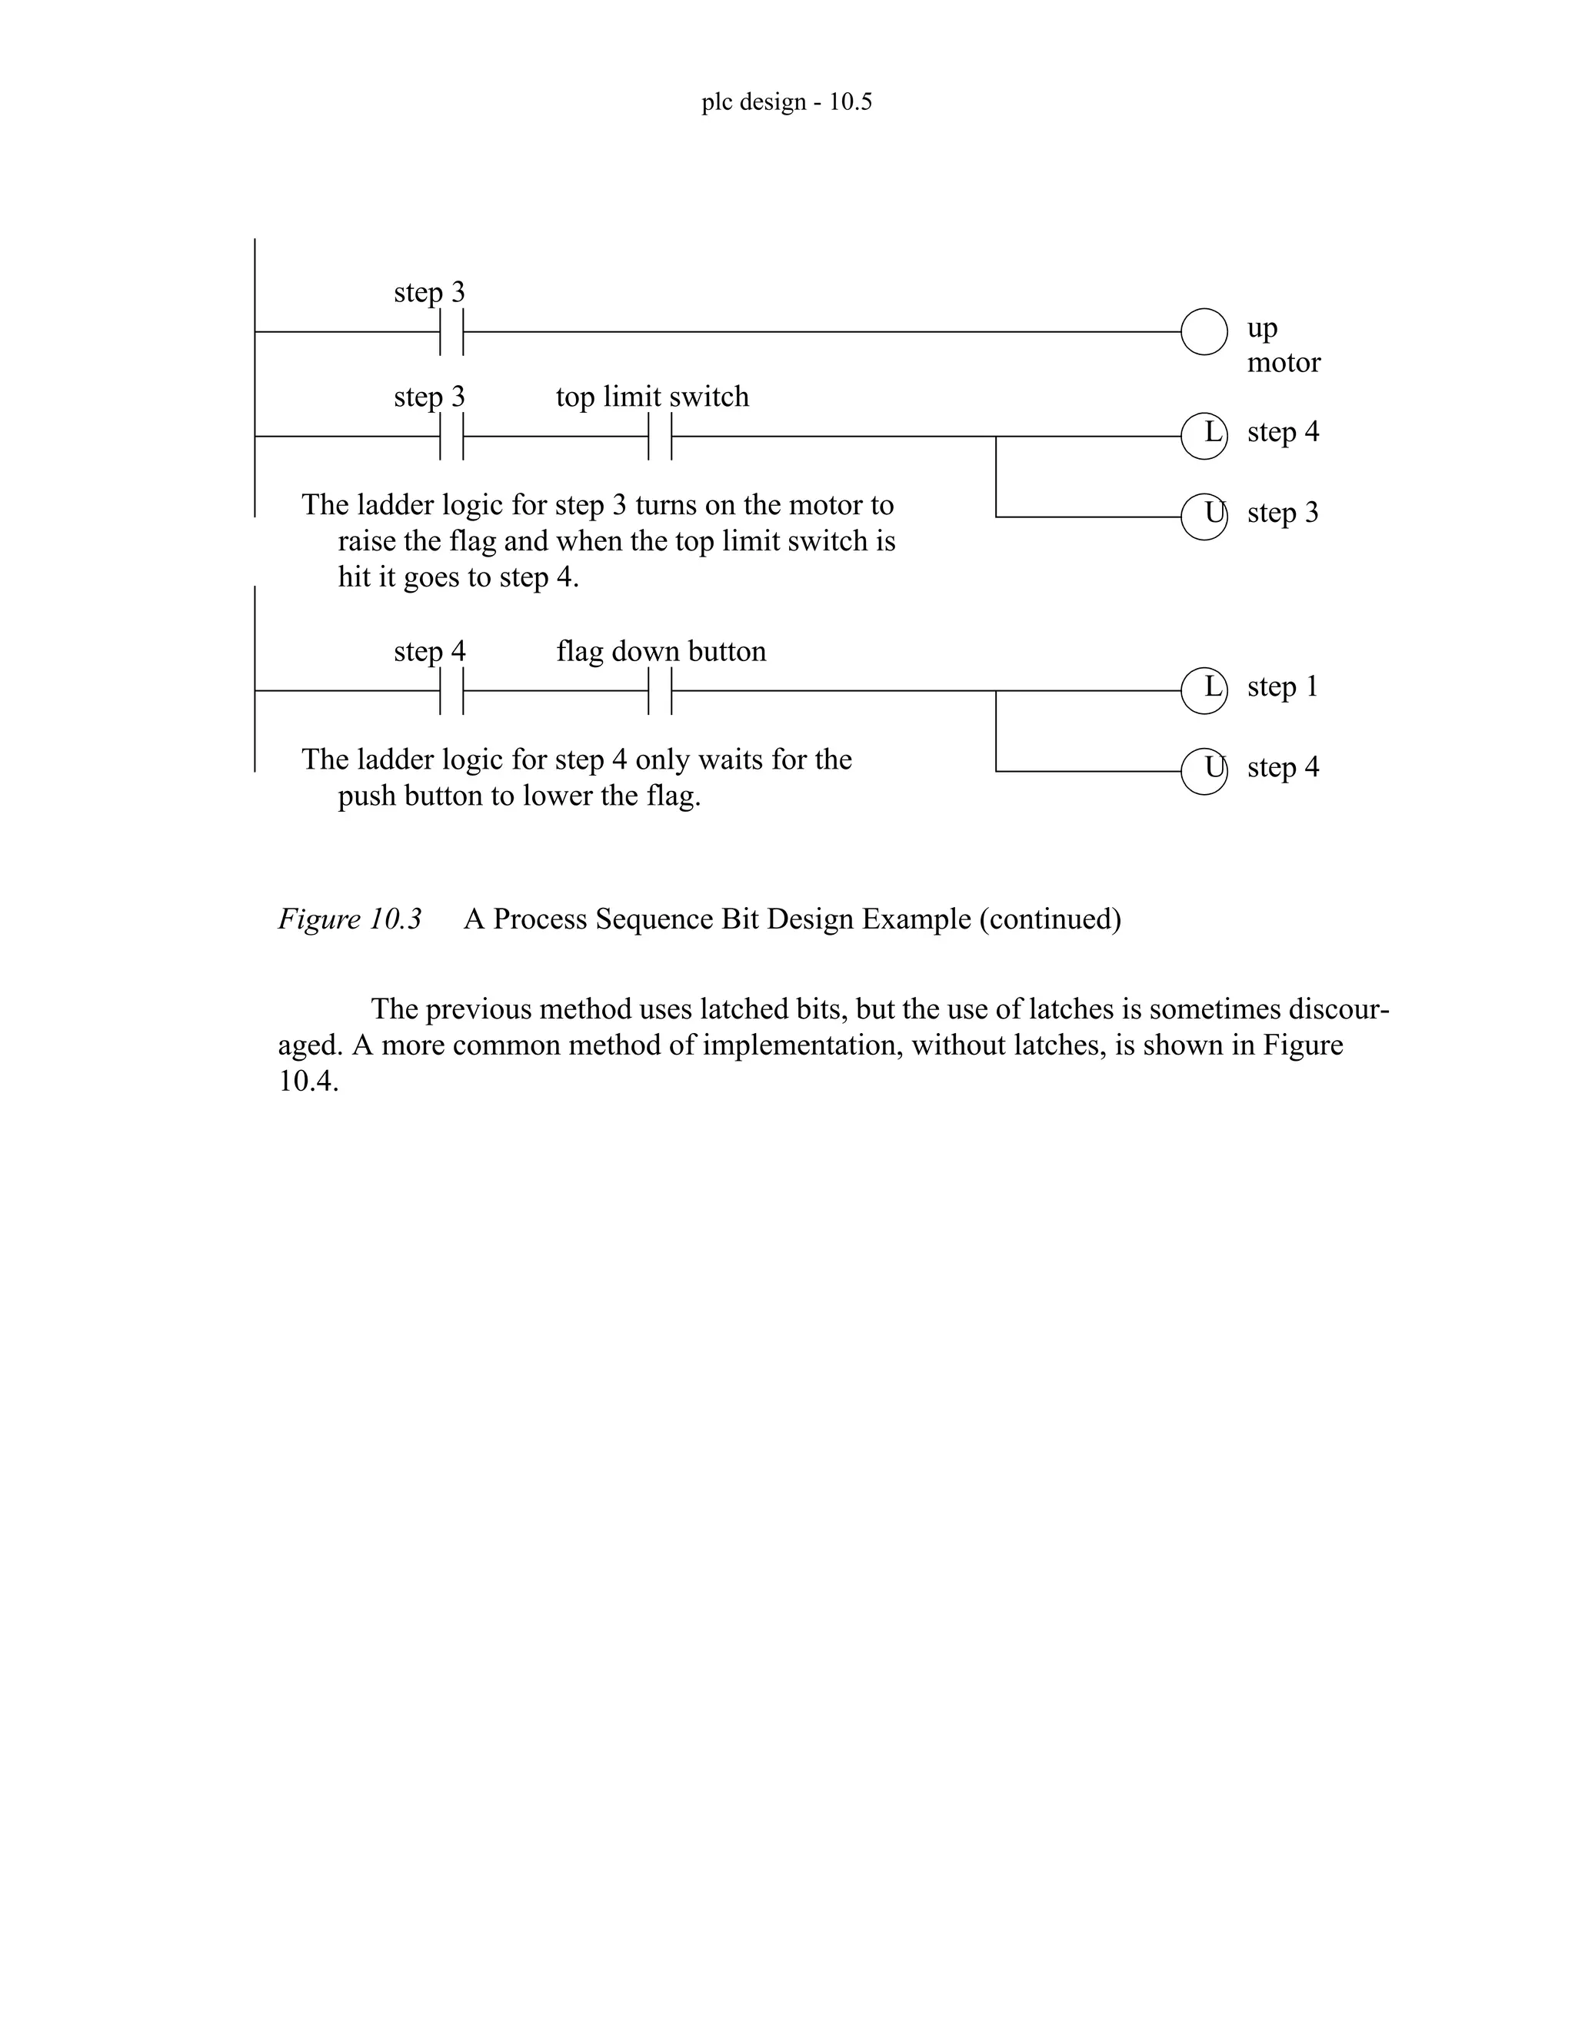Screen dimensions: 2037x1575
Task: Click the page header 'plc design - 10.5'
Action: pos(787,101)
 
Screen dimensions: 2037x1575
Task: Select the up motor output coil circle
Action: pos(1204,331)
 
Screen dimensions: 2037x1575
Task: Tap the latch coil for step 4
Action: pos(1204,436)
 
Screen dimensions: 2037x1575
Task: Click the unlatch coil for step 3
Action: pos(1204,516)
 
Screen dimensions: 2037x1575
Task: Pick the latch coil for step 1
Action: pos(1204,690)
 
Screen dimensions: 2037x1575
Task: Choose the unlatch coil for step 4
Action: pos(1204,770)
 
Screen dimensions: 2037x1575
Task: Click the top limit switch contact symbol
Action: pos(660,436)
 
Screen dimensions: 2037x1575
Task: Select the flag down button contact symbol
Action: pos(660,690)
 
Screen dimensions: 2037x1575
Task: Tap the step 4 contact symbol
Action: pos(451,690)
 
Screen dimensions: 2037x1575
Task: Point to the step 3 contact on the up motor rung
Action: pos(451,331)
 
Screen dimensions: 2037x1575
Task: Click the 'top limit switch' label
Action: pos(652,397)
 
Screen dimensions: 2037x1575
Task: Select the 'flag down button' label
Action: pos(661,651)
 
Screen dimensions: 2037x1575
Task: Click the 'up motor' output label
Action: pos(1283,345)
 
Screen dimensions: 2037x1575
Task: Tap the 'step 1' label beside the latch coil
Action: pos(1283,686)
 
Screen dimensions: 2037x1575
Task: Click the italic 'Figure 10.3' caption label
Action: pos(350,919)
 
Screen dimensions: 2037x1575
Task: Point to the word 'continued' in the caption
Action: pos(1050,919)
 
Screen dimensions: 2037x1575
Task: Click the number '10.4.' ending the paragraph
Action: pos(308,1082)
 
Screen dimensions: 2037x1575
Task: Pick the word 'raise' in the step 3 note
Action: pos(366,541)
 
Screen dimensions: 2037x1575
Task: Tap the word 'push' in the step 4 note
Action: pos(367,796)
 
